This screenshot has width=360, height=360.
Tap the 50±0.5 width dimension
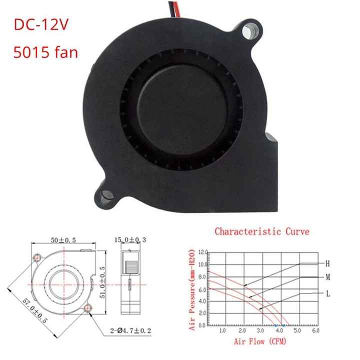coord(63,241)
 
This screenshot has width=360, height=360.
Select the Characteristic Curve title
coord(262,231)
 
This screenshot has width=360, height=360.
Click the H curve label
coord(327,262)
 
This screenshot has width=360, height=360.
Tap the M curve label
coord(327,277)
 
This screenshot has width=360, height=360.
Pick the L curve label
coord(327,294)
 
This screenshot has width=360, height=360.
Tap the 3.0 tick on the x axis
coord(260,331)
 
